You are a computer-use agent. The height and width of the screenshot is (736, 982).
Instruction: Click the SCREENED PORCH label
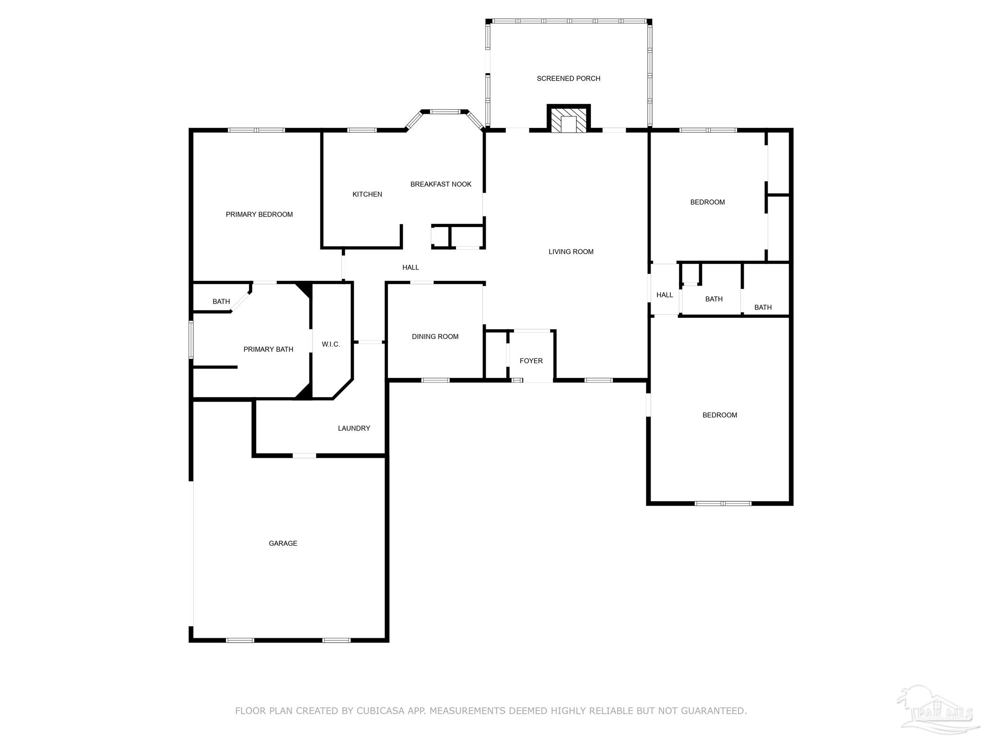point(568,79)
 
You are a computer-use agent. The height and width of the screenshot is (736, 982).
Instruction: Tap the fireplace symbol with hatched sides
point(569,119)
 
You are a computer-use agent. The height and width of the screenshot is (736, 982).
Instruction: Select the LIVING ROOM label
point(571,252)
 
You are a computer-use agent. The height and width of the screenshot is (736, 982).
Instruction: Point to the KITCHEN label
point(367,194)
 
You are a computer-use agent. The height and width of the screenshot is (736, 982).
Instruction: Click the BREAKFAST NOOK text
point(441,184)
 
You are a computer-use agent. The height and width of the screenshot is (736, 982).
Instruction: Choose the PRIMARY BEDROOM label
point(259,214)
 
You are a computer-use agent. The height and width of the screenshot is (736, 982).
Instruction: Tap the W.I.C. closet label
point(331,344)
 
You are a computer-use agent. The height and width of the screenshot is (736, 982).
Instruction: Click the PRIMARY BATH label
point(268,349)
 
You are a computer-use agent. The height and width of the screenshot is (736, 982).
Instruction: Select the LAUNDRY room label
point(354,428)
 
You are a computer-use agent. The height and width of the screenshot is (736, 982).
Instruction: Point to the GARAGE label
point(283,543)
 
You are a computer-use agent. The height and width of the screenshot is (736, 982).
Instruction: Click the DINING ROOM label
point(435,336)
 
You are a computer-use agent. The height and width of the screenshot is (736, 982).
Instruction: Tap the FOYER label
point(531,361)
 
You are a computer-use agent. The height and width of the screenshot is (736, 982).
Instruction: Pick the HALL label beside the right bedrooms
point(665,295)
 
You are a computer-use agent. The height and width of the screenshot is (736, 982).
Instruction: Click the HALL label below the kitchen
point(410,267)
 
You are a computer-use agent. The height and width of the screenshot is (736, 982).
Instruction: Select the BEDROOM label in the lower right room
point(719,415)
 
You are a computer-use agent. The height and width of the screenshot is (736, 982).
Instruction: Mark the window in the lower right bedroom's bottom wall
point(723,503)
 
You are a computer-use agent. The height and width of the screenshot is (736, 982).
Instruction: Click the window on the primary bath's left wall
point(191,340)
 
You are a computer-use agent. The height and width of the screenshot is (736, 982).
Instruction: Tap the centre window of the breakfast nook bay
point(445,112)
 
